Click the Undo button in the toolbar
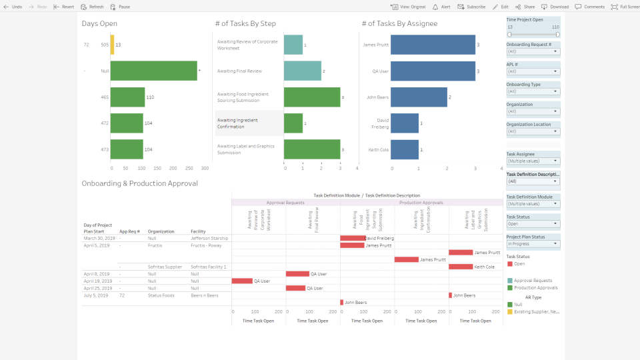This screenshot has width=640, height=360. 13,7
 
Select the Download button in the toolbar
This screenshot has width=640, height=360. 555,7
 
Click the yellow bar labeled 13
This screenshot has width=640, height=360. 112,45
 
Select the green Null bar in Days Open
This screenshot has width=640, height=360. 153,71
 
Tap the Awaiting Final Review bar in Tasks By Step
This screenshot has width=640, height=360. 302,71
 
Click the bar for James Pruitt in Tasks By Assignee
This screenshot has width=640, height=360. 433,45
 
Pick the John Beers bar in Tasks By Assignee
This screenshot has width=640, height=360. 419,97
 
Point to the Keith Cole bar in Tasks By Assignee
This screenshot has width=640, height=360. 405,149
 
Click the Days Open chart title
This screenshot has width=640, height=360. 99,24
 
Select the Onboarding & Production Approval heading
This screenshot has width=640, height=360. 139,183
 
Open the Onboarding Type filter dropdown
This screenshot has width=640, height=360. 533,91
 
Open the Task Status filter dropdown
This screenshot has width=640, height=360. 533,224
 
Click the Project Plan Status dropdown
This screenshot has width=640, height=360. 533,244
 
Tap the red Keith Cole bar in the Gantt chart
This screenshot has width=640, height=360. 461,267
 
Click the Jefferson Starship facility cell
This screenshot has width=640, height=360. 209,238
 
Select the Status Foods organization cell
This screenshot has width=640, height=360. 161,295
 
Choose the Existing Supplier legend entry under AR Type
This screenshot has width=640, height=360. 537,311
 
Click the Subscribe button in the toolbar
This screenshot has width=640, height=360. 471,7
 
